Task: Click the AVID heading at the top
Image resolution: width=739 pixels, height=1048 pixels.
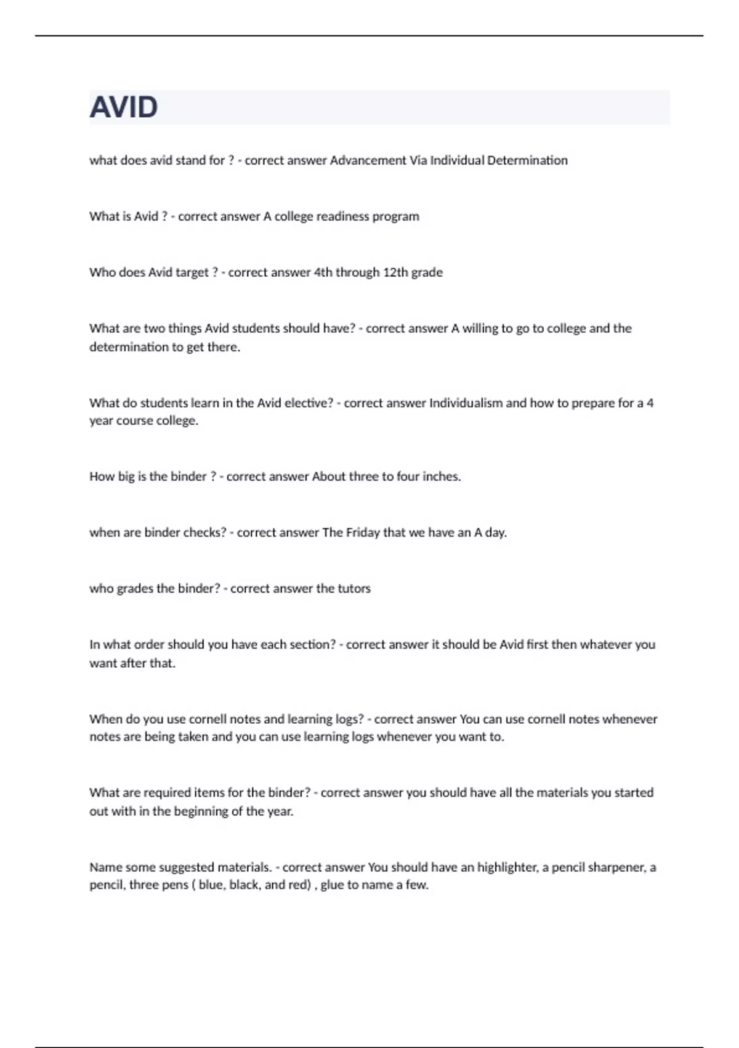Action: (124, 107)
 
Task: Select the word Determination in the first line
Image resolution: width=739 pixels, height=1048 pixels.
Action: (527, 160)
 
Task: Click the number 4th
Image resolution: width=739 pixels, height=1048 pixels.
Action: (323, 272)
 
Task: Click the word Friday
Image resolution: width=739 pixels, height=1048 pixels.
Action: (363, 533)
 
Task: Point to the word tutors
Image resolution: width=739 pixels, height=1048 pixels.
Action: (353, 589)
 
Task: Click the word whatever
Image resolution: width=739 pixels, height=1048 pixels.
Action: (606, 645)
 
